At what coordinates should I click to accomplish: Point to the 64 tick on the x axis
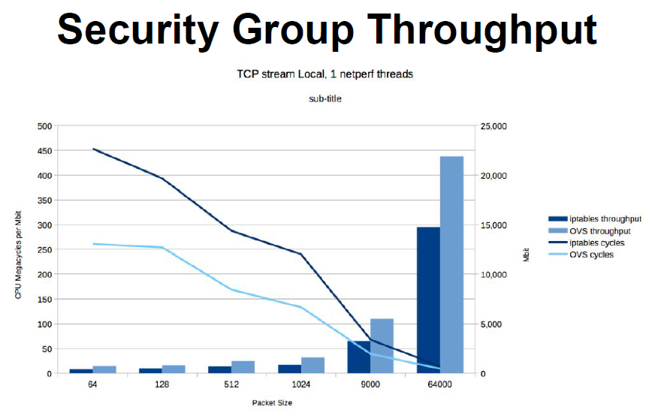tap(92, 384)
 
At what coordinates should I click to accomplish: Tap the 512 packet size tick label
tap(231, 384)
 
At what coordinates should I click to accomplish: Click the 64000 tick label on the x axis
tap(440, 384)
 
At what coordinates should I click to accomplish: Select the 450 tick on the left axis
tap(45, 151)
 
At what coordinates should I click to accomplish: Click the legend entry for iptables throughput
tap(605, 219)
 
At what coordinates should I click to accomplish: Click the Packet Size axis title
tap(272, 402)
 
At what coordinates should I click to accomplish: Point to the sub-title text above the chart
tap(325, 98)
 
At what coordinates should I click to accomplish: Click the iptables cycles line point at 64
tap(92, 149)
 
